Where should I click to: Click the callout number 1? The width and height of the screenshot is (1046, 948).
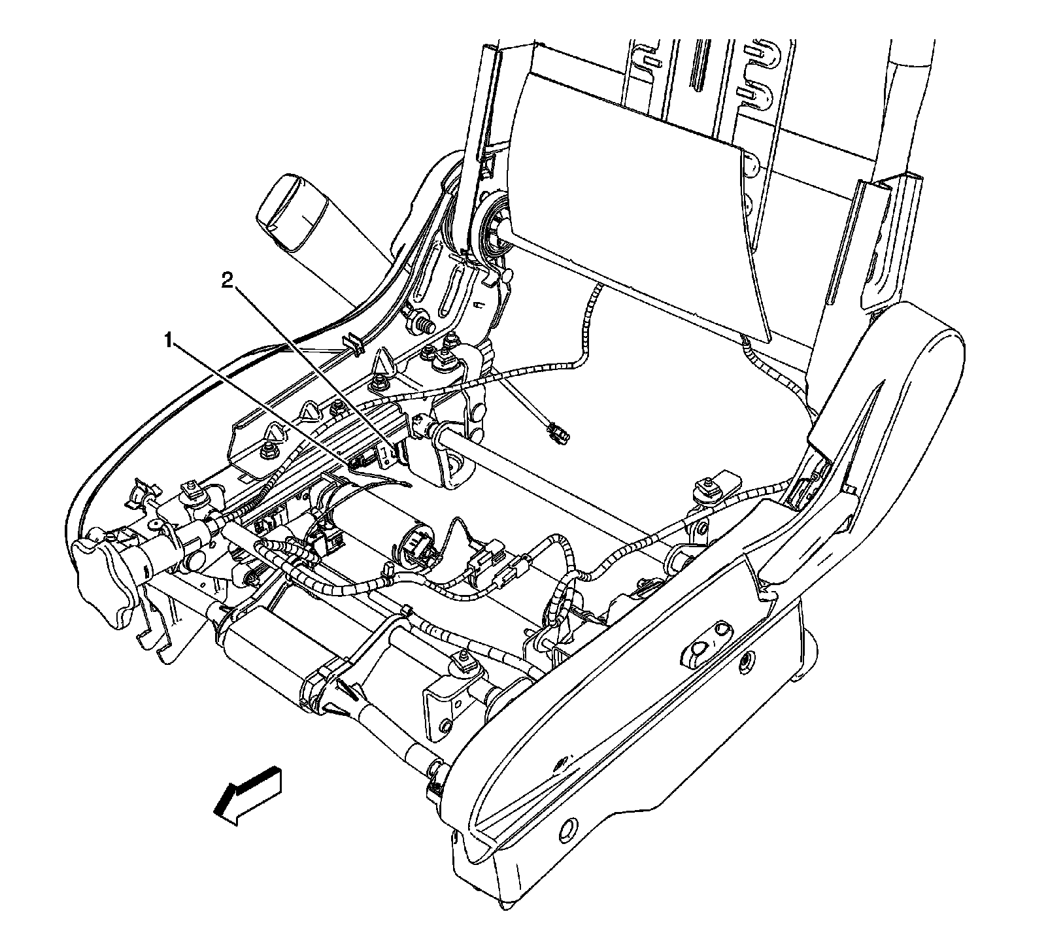click(x=169, y=341)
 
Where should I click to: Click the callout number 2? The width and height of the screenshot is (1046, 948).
click(x=226, y=281)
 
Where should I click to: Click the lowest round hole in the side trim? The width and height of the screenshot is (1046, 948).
click(x=566, y=828)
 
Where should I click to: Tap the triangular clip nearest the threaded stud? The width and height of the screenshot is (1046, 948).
click(x=382, y=362)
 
